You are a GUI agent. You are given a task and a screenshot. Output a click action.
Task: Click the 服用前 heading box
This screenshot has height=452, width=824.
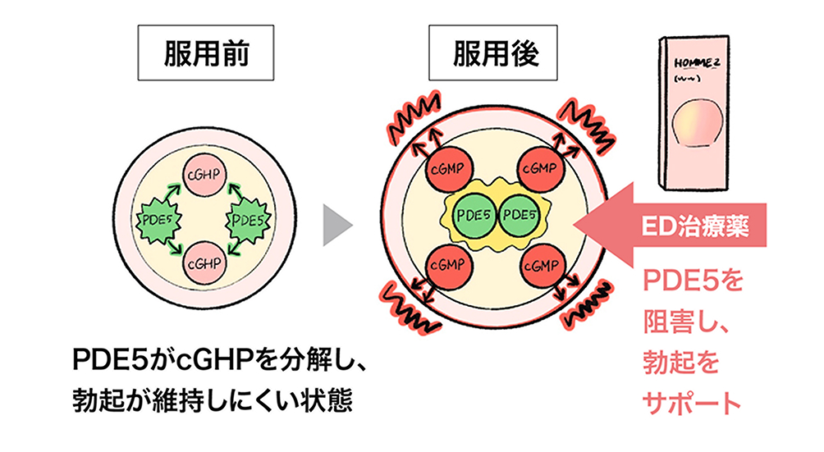tap(195, 54)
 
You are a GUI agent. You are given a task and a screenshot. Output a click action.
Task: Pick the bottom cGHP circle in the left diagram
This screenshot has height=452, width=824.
tap(201, 264)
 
